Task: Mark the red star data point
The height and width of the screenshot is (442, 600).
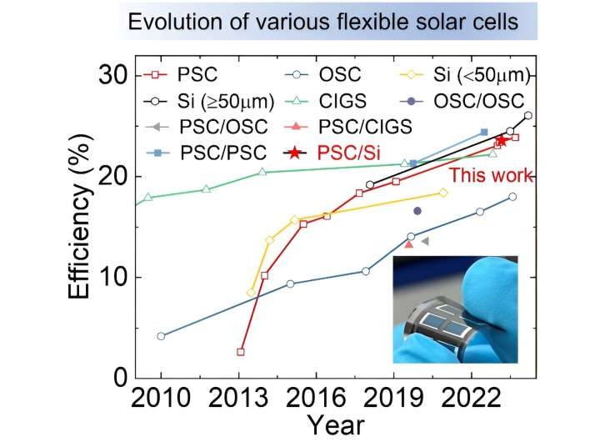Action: pos(501,141)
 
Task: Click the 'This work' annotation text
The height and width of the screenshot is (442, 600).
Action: pos(492,176)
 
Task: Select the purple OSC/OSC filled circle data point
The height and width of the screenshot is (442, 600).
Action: pos(417,211)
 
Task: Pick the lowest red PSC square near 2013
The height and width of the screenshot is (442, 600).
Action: pos(241,352)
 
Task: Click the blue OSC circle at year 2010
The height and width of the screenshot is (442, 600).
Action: pos(161,336)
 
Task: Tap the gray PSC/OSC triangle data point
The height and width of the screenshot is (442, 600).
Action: pos(425,241)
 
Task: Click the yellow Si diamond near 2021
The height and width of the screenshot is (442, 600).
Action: pos(443,193)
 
